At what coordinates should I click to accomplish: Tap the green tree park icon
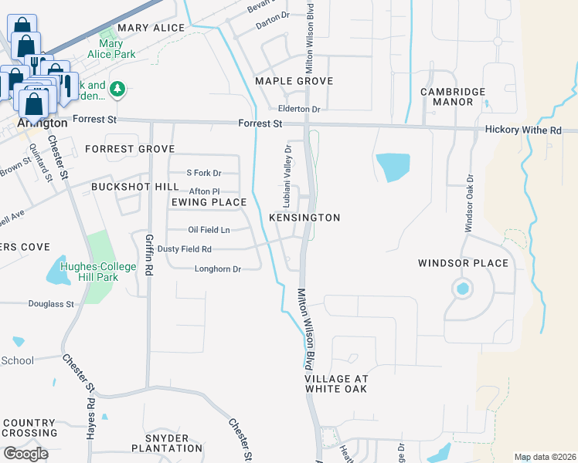[x=117, y=90]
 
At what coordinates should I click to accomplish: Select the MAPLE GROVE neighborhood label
[x=294, y=81]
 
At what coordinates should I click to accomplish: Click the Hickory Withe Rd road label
[x=522, y=130]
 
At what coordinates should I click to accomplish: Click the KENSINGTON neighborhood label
[x=304, y=218]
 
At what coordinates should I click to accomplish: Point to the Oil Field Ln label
[x=209, y=230]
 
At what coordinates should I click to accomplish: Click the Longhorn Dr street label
[x=218, y=269]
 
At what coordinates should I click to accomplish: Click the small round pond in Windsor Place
[x=462, y=289]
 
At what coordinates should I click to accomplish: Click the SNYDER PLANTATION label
[x=167, y=443]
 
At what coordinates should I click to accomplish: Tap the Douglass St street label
[x=51, y=304]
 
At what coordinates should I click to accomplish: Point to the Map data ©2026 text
[x=544, y=457]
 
